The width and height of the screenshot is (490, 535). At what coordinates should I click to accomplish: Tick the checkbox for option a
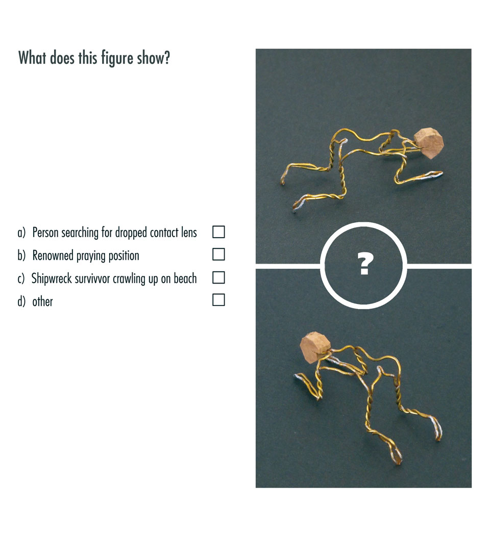[x=218, y=232]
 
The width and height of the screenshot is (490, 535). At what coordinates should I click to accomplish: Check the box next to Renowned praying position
[x=218, y=254]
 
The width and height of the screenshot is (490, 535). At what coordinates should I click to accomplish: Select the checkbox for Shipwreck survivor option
[x=218, y=277]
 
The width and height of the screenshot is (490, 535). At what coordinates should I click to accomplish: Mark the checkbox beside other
[x=218, y=300]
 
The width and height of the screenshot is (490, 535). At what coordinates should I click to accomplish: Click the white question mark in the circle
[x=364, y=264]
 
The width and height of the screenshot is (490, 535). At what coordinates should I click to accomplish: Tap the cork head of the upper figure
[x=429, y=143]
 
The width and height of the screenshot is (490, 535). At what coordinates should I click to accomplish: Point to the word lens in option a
[x=189, y=233]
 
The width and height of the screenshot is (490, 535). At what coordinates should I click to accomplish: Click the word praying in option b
[x=90, y=256]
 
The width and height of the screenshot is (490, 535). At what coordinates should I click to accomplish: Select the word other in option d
[x=43, y=301]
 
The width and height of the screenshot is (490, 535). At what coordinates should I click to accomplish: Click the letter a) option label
[x=21, y=233]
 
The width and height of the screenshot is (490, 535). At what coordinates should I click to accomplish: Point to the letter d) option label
[x=21, y=301]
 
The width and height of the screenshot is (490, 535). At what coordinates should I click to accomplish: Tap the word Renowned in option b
[x=53, y=255]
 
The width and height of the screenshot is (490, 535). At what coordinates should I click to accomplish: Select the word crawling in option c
[x=129, y=279]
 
